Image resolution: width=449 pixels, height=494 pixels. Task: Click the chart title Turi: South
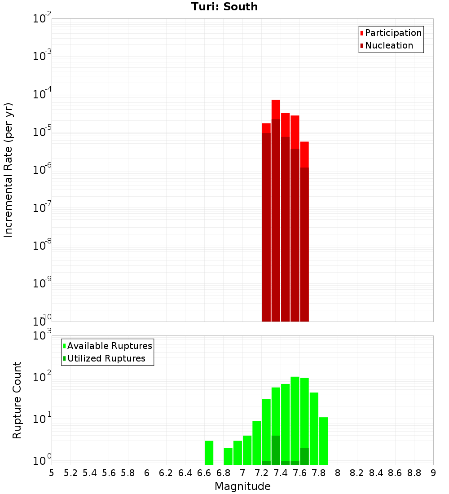[x=224, y=7]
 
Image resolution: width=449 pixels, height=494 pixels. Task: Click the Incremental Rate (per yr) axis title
[x=9, y=170]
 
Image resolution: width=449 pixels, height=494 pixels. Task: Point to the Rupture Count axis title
[x=17, y=400]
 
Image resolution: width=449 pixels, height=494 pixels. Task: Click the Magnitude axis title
[x=242, y=486]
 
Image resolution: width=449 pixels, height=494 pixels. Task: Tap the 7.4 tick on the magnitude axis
[x=281, y=473]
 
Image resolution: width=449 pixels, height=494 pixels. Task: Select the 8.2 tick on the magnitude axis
[x=357, y=473]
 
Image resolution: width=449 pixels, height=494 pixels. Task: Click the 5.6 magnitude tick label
[x=109, y=473]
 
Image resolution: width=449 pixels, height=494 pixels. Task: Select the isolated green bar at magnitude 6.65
[x=209, y=453]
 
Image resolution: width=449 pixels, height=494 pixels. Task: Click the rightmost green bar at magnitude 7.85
[x=323, y=441]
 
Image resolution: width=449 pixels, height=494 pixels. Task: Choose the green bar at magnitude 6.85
[x=228, y=456]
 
